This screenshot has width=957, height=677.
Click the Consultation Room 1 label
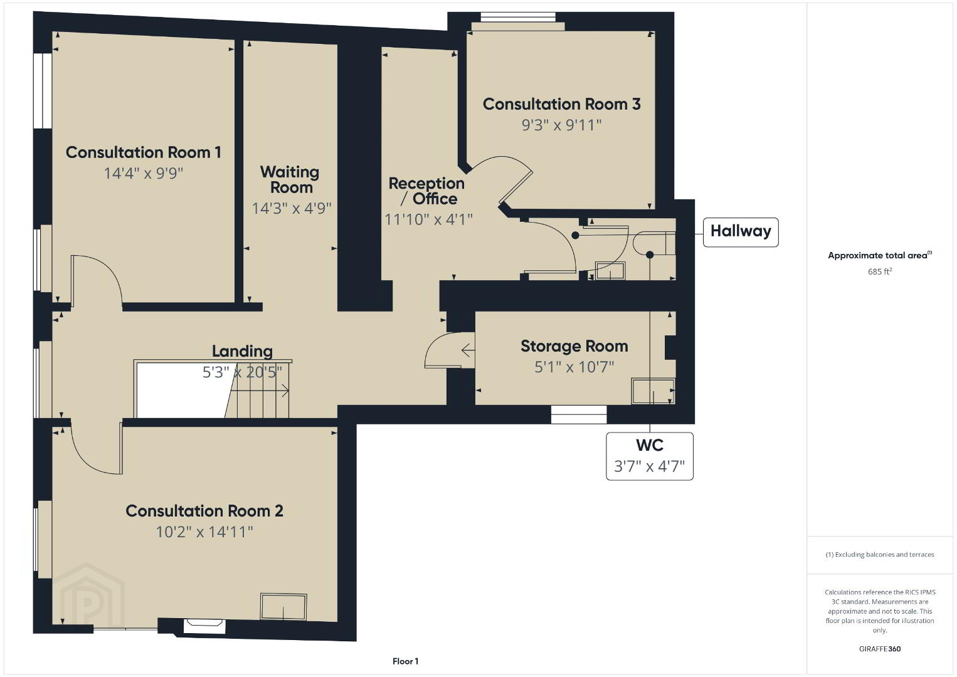(144, 152)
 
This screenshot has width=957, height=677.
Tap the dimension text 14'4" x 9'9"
(144, 174)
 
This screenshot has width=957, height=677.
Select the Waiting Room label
(290, 179)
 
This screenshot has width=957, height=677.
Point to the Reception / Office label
(426, 191)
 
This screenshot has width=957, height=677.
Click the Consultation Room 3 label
(561, 104)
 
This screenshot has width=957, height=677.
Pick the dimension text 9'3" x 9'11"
(561, 125)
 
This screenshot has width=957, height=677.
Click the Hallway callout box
(741, 232)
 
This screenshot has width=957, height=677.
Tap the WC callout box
(650, 456)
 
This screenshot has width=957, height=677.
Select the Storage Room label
(574, 346)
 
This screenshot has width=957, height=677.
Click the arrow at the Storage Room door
(468, 350)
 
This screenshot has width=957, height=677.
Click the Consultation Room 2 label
(204, 511)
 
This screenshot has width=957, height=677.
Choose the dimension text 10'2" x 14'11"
(204, 532)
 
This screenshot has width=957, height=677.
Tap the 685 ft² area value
(880, 271)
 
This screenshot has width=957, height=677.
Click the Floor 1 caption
(406, 661)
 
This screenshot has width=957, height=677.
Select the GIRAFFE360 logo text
(880, 649)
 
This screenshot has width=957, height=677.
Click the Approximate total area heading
(880, 255)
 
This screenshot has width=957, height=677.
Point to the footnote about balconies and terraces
(880, 554)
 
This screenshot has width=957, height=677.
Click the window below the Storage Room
(579, 414)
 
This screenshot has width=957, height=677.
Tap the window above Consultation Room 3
(518, 17)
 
